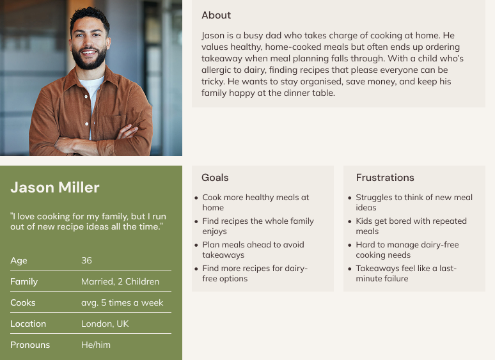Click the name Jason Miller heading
[x=55, y=187]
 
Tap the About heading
[x=216, y=15]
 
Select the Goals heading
[x=215, y=178]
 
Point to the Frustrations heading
[x=385, y=178]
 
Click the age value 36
[x=86, y=260]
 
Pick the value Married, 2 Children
[x=120, y=281]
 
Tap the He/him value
[x=96, y=345]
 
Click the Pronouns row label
[x=30, y=345]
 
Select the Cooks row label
[x=23, y=302]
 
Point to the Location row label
[x=28, y=324]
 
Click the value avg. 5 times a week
[x=122, y=303]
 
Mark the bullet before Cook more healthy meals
[x=196, y=198]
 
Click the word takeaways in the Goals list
[x=223, y=255]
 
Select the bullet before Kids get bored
[x=349, y=221]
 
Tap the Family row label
[x=24, y=282]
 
